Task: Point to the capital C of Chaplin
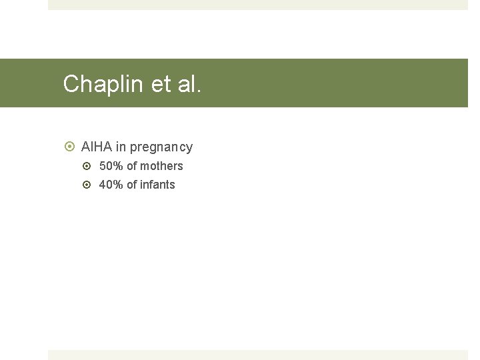(x=71, y=84)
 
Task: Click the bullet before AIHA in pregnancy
(x=69, y=147)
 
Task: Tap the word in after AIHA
(x=121, y=147)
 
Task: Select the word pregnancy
(x=161, y=147)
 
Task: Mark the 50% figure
(x=111, y=166)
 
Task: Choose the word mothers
(x=162, y=166)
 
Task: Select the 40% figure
(x=111, y=185)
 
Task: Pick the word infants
(x=158, y=185)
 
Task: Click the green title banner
(x=333, y=83)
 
